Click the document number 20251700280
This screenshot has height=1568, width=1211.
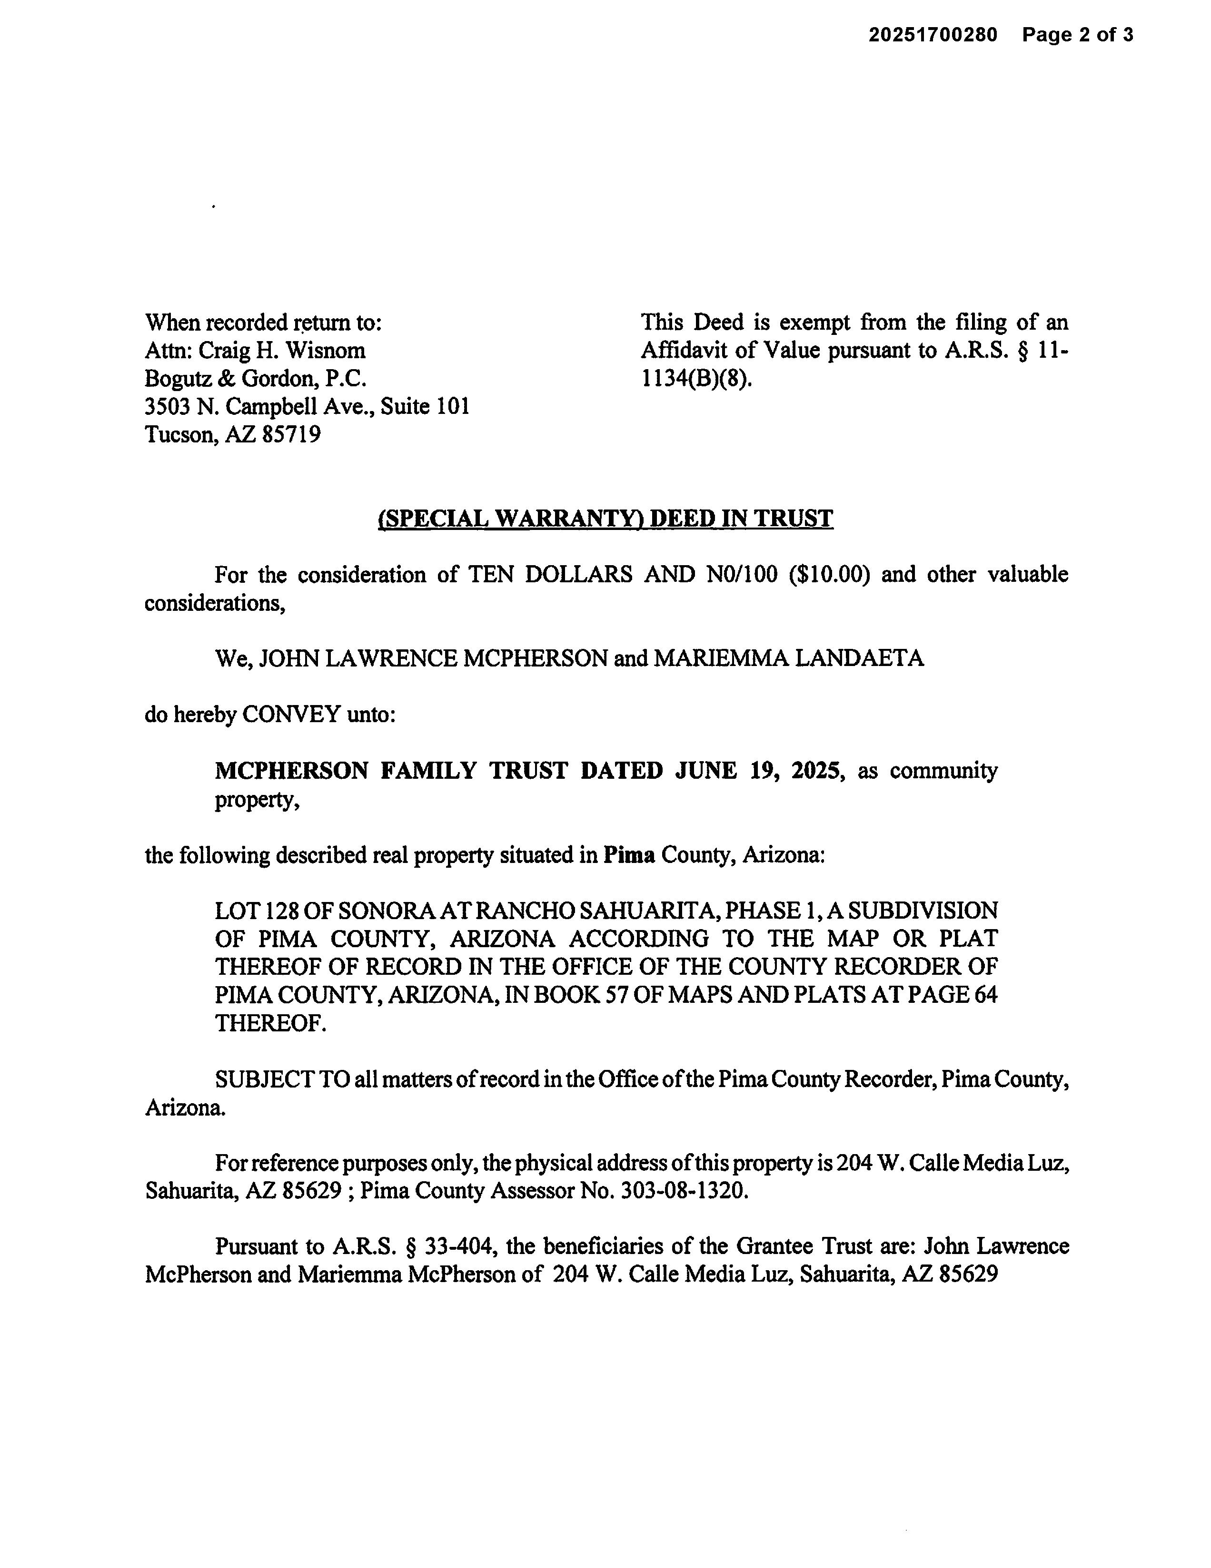pos(933,34)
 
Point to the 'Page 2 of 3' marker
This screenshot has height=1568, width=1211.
pos(1077,34)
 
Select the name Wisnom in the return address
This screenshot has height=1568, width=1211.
pos(332,350)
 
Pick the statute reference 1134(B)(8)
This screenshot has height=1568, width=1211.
pos(695,378)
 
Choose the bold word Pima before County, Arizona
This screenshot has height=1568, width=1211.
pos(628,855)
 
